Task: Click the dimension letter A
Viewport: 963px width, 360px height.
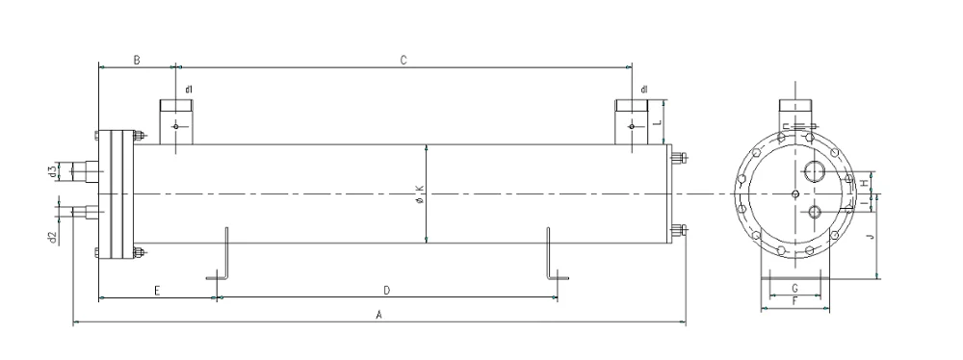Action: point(378,315)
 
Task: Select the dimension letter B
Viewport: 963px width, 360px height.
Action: point(137,60)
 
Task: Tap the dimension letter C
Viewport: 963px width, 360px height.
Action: point(403,60)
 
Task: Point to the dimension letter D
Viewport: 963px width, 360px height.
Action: point(387,290)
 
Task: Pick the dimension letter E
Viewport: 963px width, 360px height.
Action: point(157,290)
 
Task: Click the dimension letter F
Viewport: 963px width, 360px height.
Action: point(794,301)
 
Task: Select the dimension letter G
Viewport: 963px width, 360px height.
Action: point(794,287)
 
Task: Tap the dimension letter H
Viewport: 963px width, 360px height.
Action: point(864,183)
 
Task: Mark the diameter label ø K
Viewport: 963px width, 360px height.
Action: point(420,195)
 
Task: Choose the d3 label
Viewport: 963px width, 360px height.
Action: point(53,171)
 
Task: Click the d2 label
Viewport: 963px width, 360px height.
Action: point(53,237)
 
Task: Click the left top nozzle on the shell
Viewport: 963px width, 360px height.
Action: point(176,121)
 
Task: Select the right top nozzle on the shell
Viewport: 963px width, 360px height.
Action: point(632,121)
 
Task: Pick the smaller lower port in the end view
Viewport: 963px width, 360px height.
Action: point(815,213)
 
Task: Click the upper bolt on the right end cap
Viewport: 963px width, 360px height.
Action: point(677,158)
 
